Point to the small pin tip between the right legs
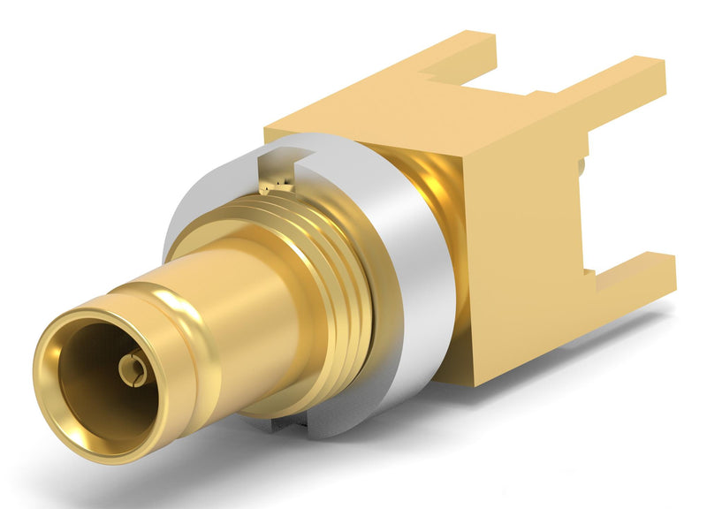coord(583,164)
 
